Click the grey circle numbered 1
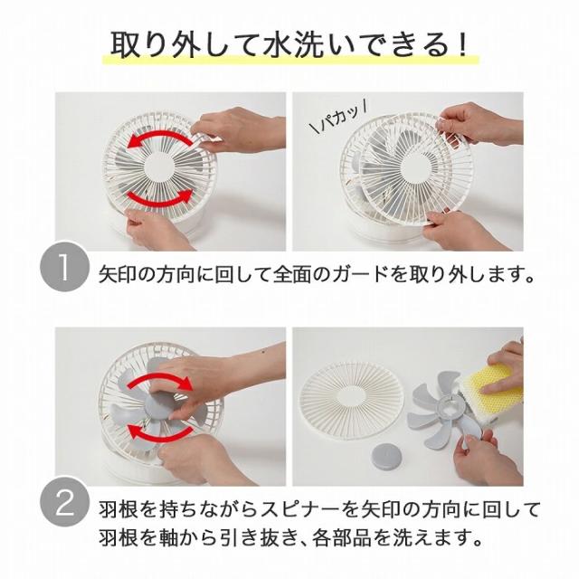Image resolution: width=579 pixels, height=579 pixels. [64, 267]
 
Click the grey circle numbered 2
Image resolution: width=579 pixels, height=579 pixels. [64, 502]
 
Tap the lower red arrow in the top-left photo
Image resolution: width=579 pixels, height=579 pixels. [160, 199]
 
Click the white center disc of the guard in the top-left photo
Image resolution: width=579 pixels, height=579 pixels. [159, 167]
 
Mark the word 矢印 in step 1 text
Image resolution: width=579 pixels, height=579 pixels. [118, 274]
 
